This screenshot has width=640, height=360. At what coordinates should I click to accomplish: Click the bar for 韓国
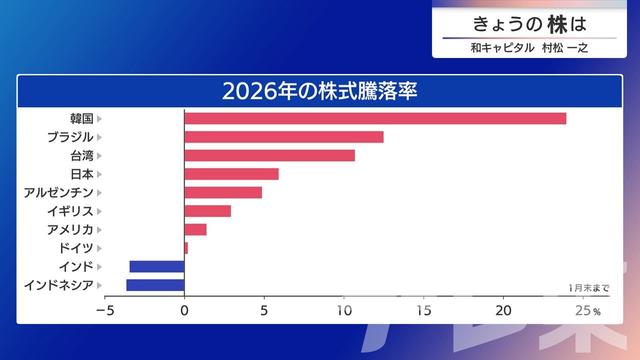tap(375, 118)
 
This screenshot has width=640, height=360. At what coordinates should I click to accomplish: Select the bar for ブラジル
tap(284, 137)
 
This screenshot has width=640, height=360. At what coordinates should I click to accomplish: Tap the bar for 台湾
tap(270, 155)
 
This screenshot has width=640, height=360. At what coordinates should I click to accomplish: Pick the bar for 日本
tap(232, 174)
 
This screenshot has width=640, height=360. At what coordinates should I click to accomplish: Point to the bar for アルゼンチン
tap(223, 192)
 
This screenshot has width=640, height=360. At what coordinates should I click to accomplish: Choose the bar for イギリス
tap(208, 211)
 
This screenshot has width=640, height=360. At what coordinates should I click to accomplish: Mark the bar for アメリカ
tap(195, 229)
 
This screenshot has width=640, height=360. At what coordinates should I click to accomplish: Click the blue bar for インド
tap(157, 266)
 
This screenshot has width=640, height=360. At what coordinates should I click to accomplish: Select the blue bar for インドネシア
tap(155, 285)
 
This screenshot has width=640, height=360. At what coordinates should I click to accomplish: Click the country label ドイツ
tap(76, 248)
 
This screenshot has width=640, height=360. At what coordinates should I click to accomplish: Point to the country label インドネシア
tap(58, 285)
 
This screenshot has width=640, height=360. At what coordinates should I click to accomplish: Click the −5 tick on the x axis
tap(104, 310)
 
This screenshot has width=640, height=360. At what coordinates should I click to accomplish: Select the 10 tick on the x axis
tap(344, 310)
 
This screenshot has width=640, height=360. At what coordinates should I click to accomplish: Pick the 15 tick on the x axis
tap(424, 310)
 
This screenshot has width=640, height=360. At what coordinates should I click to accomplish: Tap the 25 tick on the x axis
tap(583, 310)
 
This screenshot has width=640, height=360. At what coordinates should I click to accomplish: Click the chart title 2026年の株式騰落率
tap(319, 90)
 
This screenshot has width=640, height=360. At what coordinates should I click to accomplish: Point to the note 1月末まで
tap(588, 288)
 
